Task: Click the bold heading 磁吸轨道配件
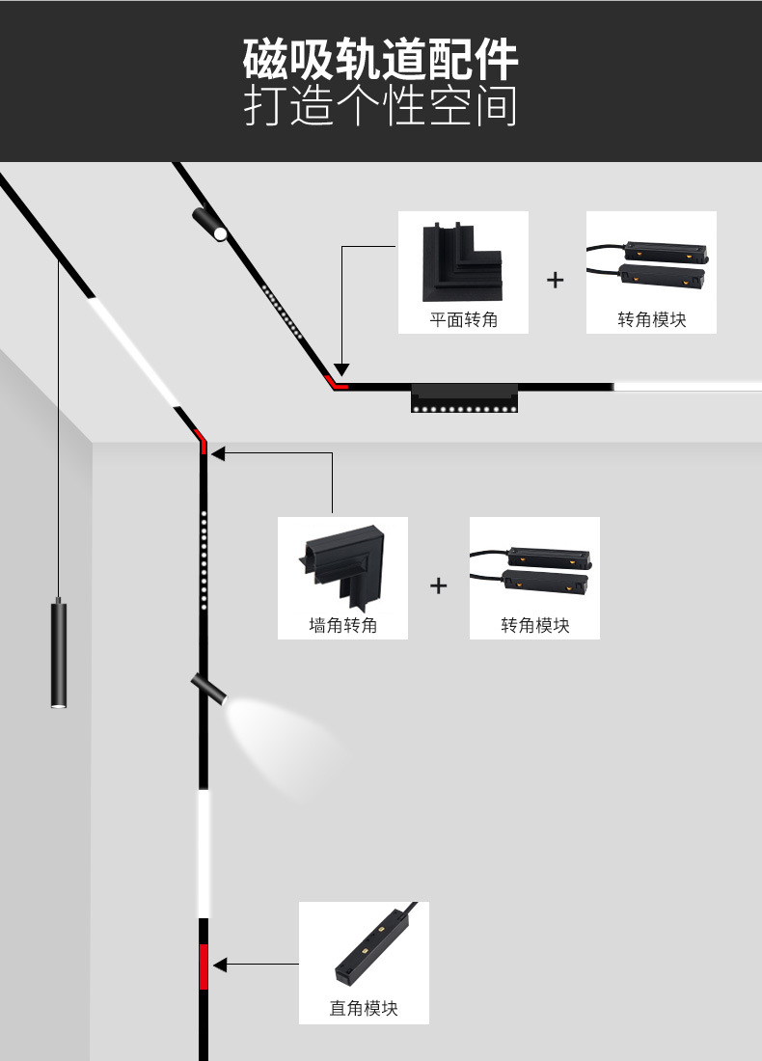[x=381, y=60]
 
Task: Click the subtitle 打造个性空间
[x=381, y=107]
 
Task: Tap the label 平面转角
[x=464, y=319]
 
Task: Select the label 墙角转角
[x=342, y=625]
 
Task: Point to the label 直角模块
[x=364, y=1009]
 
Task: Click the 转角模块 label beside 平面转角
[x=651, y=319]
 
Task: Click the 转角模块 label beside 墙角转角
[x=534, y=625]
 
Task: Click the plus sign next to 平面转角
[x=555, y=281]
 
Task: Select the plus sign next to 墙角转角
[x=439, y=585]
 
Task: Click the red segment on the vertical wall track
[x=204, y=967]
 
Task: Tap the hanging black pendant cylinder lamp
[x=59, y=656]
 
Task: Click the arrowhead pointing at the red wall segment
[x=220, y=965]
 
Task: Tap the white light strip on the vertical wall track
[x=204, y=854]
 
